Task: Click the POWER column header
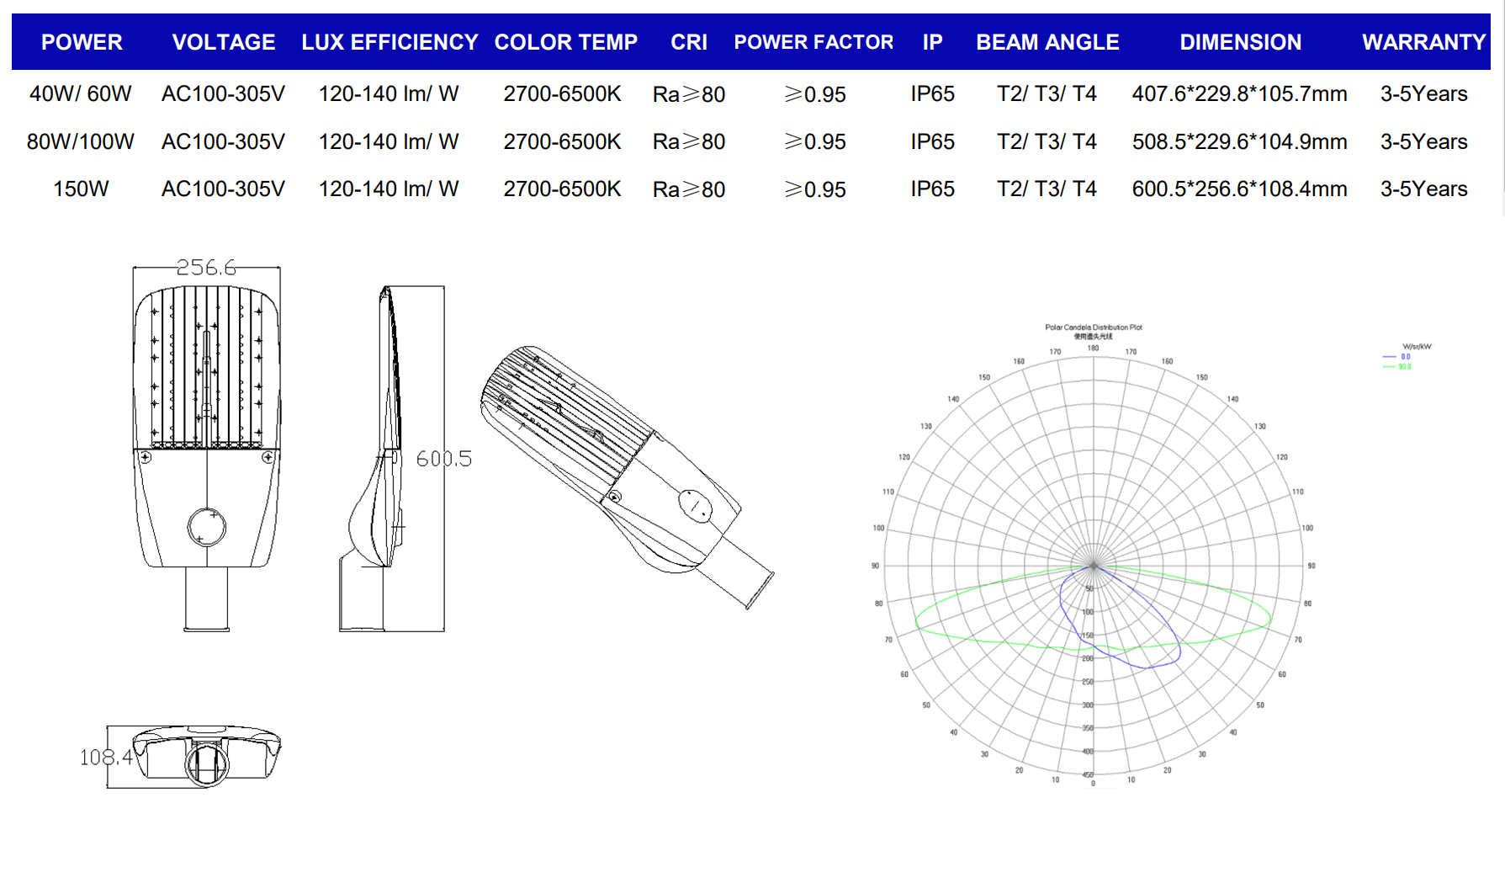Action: coord(82,42)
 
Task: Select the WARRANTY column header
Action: coord(1423,42)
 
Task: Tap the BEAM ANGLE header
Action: coord(1047,42)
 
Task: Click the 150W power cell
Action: coord(81,189)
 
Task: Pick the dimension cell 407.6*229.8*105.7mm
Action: coord(1239,94)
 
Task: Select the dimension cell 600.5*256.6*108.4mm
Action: coord(1239,189)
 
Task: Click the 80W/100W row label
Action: coord(81,142)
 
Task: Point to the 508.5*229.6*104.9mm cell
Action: coord(1239,142)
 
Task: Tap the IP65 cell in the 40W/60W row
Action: coord(932,94)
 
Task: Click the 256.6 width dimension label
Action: coord(206,268)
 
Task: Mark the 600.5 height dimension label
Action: coord(443,459)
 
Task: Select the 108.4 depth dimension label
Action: coord(106,758)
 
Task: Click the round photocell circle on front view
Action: coord(206,527)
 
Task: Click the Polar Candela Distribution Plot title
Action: coord(1093,327)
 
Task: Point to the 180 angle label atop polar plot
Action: coord(1093,348)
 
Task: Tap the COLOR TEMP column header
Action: coord(565,42)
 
